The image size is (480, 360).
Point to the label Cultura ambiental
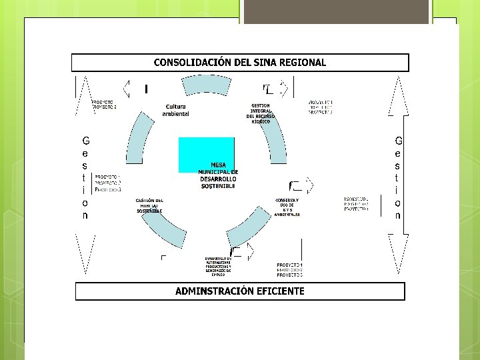click(176, 110)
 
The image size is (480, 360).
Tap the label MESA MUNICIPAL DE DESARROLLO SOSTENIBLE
click(218, 175)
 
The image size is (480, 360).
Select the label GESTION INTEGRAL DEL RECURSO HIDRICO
click(261, 113)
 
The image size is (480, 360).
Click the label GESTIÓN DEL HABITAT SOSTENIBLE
click(150, 205)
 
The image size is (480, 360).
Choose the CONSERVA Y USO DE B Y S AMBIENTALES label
click(287, 207)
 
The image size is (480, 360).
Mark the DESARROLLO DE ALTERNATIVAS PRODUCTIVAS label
click(218, 265)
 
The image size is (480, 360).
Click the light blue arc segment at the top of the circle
click(208, 85)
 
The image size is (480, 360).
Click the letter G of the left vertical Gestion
click(85, 141)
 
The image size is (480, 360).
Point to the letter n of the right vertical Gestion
click(398, 215)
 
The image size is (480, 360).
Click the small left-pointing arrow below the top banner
click(126, 88)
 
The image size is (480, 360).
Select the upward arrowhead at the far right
click(398, 93)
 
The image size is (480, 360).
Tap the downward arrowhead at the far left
click(85, 253)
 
